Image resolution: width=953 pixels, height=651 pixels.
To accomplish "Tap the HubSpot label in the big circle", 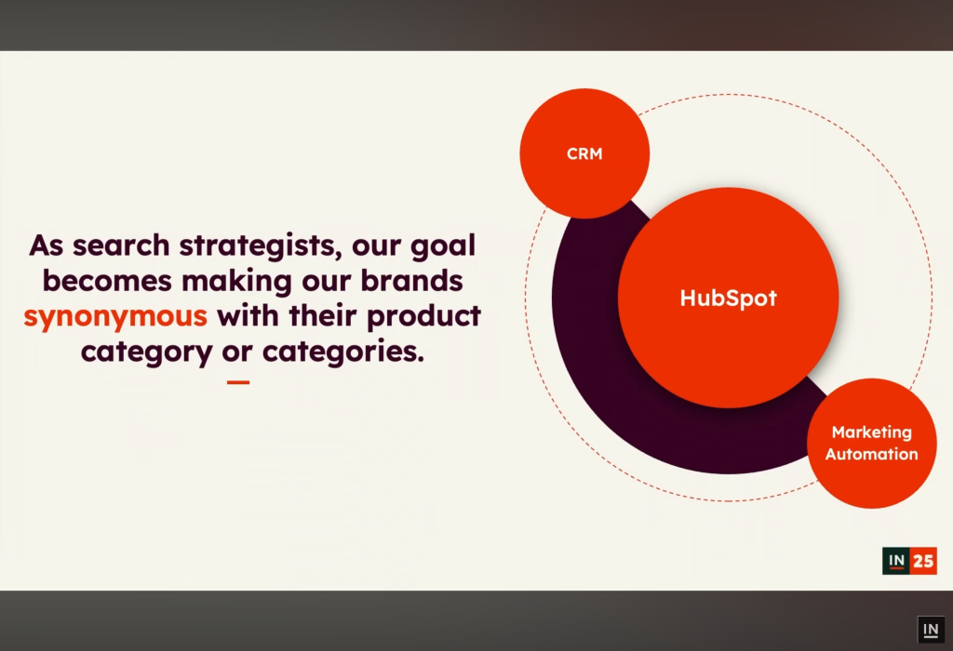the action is click(728, 299).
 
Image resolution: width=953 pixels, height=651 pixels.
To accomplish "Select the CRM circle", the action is click(584, 153).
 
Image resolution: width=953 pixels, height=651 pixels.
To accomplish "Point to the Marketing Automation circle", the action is click(871, 444).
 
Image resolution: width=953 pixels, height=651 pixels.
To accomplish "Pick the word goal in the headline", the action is click(443, 246).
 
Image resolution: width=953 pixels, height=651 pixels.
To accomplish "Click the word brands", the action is click(411, 281).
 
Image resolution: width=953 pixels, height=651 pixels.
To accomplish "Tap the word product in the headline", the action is click(423, 317).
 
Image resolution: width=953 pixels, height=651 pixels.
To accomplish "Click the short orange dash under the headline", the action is click(238, 382).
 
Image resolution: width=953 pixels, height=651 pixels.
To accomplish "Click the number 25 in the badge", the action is click(923, 561).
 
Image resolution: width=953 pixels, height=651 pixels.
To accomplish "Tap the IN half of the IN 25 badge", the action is click(896, 561).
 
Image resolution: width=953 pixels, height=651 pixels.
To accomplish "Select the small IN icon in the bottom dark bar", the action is click(931, 630).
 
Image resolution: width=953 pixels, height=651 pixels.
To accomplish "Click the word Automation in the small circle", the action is click(871, 454).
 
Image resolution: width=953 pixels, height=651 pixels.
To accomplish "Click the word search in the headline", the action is click(122, 246).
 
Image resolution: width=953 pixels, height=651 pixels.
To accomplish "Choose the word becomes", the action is click(107, 281).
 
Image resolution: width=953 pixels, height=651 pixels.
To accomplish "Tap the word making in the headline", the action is click(236, 282).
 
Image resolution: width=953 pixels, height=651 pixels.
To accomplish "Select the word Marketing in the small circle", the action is click(871, 432).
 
